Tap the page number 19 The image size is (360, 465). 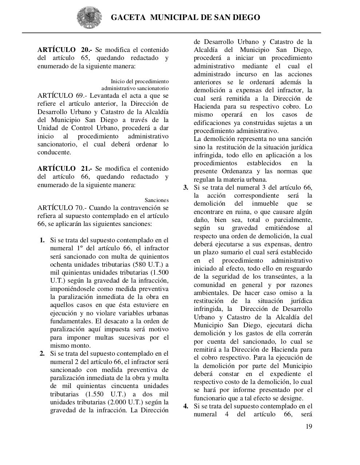coord(308,426)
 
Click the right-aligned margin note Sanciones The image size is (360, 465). coord(156,200)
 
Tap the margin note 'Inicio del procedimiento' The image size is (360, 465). coord(140,81)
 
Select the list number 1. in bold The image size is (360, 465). coord(42,240)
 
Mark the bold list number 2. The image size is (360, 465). coord(42,353)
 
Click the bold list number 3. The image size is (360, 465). coord(186,187)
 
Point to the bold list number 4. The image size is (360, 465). coord(186,406)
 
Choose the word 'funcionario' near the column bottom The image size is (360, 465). coord(210,398)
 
